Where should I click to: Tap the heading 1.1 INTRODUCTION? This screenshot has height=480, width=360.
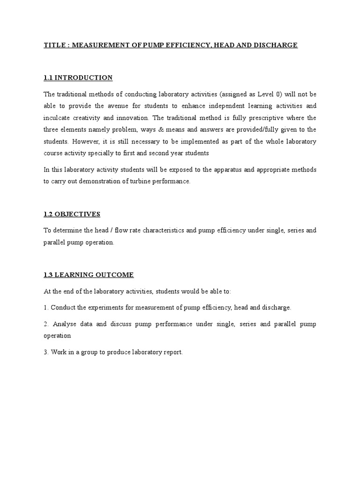coord(78,77)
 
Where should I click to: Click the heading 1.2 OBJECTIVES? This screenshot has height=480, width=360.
coord(72,214)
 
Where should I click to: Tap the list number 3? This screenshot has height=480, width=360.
coord(46,352)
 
